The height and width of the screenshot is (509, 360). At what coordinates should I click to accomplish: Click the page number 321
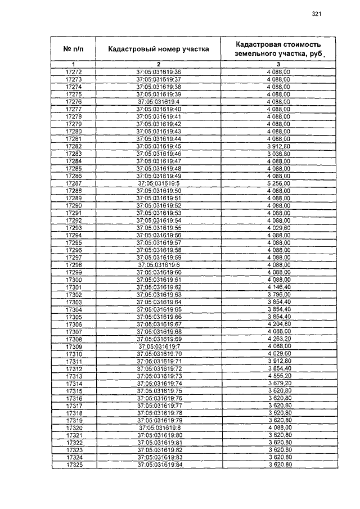316,15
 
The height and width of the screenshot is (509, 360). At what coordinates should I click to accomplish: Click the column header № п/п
74,49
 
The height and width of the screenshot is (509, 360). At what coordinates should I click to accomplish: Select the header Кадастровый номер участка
159,49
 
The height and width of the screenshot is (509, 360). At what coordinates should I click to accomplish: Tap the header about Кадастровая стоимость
279,48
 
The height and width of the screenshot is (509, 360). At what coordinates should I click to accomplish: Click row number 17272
74,73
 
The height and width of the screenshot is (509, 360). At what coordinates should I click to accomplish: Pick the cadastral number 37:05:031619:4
159,102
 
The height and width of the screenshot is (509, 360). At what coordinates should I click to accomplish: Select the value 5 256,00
279,183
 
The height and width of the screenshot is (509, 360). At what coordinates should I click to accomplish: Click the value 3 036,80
279,154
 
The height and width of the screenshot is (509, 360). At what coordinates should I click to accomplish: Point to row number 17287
74,183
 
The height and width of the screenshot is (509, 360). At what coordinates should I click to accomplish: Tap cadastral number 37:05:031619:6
159,265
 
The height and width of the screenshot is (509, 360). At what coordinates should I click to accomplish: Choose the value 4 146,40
279,287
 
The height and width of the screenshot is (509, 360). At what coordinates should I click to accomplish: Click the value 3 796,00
279,295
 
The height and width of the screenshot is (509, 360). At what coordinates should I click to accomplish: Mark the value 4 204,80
279,325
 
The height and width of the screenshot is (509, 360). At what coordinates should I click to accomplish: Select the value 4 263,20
279,339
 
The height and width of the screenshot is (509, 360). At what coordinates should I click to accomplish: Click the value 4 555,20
279,376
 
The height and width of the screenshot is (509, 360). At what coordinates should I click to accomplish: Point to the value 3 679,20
279,384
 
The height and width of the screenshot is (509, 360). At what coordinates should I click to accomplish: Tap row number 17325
74,465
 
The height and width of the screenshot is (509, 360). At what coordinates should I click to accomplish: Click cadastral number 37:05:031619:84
159,465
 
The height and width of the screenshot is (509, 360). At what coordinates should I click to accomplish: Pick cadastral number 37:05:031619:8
159,428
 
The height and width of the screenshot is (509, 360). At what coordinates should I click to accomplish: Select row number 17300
74,280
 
